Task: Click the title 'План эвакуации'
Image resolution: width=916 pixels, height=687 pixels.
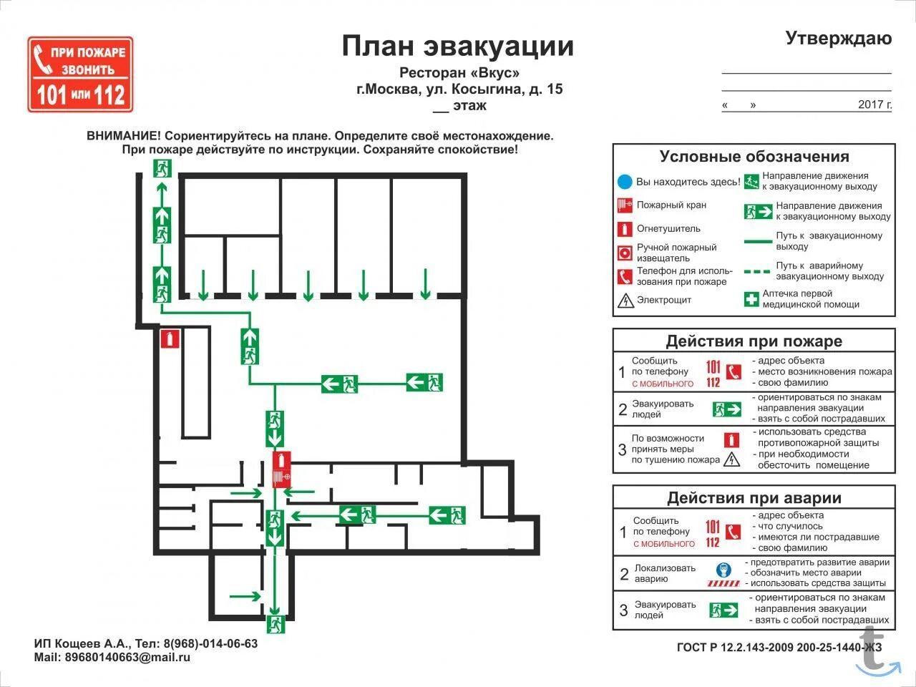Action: [457, 46]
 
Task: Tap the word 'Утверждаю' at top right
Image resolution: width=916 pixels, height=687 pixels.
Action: [838, 39]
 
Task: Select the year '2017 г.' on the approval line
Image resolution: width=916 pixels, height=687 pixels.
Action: [874, 104]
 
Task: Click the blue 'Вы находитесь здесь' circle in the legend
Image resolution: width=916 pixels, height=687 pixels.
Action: [625, 182]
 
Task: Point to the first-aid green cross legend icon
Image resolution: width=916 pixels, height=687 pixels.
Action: [751, 299]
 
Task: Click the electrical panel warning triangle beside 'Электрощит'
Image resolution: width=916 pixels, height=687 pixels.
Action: [625, 301]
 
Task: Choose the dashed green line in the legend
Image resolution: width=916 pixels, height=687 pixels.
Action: [757, 272]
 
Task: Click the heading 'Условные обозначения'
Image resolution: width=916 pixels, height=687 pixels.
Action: [754, 157]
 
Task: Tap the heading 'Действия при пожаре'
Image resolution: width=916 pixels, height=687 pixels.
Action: [754, 341]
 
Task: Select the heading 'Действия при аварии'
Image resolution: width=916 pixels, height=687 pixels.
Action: [754, 498]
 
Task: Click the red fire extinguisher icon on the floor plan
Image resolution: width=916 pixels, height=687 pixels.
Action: [169, 338]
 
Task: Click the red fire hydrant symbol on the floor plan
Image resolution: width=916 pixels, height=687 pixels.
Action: [281, 469]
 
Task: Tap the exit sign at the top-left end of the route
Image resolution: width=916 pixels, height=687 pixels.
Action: [162, 169]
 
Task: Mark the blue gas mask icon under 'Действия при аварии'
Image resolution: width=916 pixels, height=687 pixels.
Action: [723, 570]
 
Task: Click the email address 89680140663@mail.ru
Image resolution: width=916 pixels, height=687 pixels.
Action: [127, 657]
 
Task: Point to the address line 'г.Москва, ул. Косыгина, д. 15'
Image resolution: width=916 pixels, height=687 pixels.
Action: [459, 89]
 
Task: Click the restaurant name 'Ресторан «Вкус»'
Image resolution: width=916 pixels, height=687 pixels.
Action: [459, 73]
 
